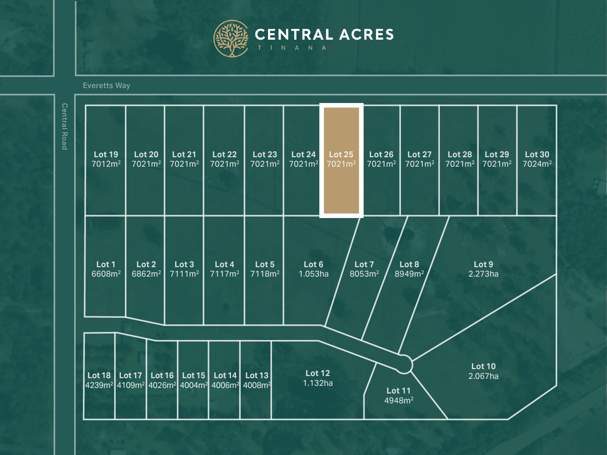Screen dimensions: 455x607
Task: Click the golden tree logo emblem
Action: point(231,39)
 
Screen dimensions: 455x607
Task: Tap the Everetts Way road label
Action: point(106,86)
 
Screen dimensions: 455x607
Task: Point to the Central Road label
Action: point(64,126)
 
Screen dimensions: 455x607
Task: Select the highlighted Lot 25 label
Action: point(341,154)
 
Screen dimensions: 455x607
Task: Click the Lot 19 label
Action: point(106,154)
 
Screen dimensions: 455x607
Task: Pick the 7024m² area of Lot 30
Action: point(537,164)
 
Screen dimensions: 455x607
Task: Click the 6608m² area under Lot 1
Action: point(106,274)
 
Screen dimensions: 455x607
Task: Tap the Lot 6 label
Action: point(314,265)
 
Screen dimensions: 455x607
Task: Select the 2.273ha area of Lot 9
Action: point(483,274)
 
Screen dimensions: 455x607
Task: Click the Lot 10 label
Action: point(483,367)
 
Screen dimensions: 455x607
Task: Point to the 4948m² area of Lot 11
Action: point(399,401)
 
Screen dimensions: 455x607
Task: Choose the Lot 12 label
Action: point(318,373)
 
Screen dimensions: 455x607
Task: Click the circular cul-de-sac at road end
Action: point(404,364)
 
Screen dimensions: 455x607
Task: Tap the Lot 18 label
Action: point(99,376)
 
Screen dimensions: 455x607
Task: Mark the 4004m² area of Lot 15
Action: point(194,385)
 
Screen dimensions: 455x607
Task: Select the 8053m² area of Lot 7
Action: point(364,274)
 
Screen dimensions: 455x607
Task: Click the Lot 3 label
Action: point(184,265)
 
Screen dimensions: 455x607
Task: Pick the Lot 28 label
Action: point(460,154)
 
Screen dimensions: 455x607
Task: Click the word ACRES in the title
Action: point(367,35)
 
